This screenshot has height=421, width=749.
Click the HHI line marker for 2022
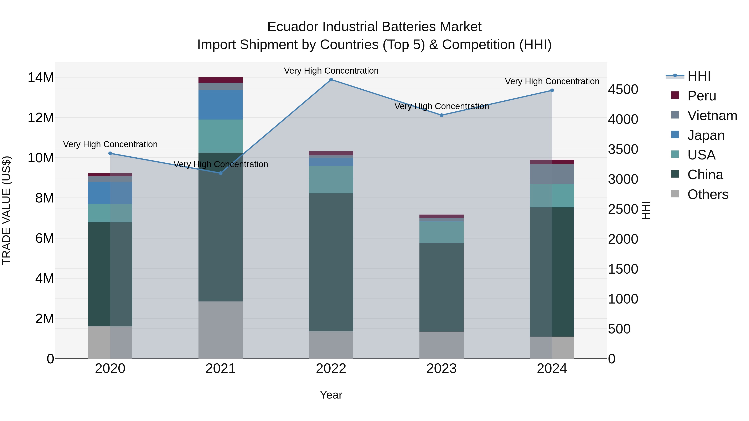click(x=331, y=80)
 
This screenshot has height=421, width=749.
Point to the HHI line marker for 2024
click(x=552, y=90)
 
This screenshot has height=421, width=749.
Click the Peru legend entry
click(x=701, y=96)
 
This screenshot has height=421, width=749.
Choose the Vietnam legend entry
click(x=712, y=116)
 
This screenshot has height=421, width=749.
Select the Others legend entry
click(x=707, y=194)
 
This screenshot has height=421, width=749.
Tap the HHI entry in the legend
click(x=699, y=76)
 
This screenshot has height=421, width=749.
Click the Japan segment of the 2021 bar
click(x=220, y=105)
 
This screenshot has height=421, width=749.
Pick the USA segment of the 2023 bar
click(x=441, y=232)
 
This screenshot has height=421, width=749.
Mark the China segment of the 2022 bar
click(x=331, y=262)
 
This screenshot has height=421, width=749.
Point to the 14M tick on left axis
click(x=41, y=78)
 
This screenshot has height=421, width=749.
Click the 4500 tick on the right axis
click(x=623, y=89)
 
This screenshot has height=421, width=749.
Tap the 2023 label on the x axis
click(x=441, y=369)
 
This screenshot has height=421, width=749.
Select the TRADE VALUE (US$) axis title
click(x=6, y=210)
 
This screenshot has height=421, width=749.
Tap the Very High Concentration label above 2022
click(x=331, y=71)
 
